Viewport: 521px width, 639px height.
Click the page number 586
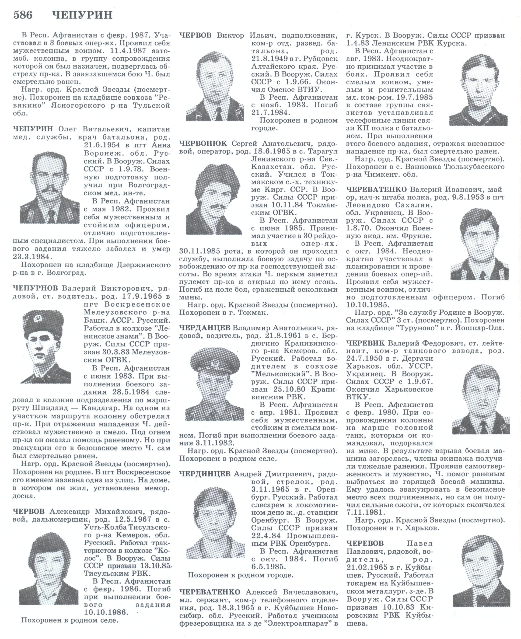point(23,15)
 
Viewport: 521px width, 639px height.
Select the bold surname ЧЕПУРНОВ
point(35,288)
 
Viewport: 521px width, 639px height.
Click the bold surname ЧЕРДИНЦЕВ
point(205,474)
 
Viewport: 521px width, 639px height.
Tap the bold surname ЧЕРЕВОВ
point(365,543)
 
